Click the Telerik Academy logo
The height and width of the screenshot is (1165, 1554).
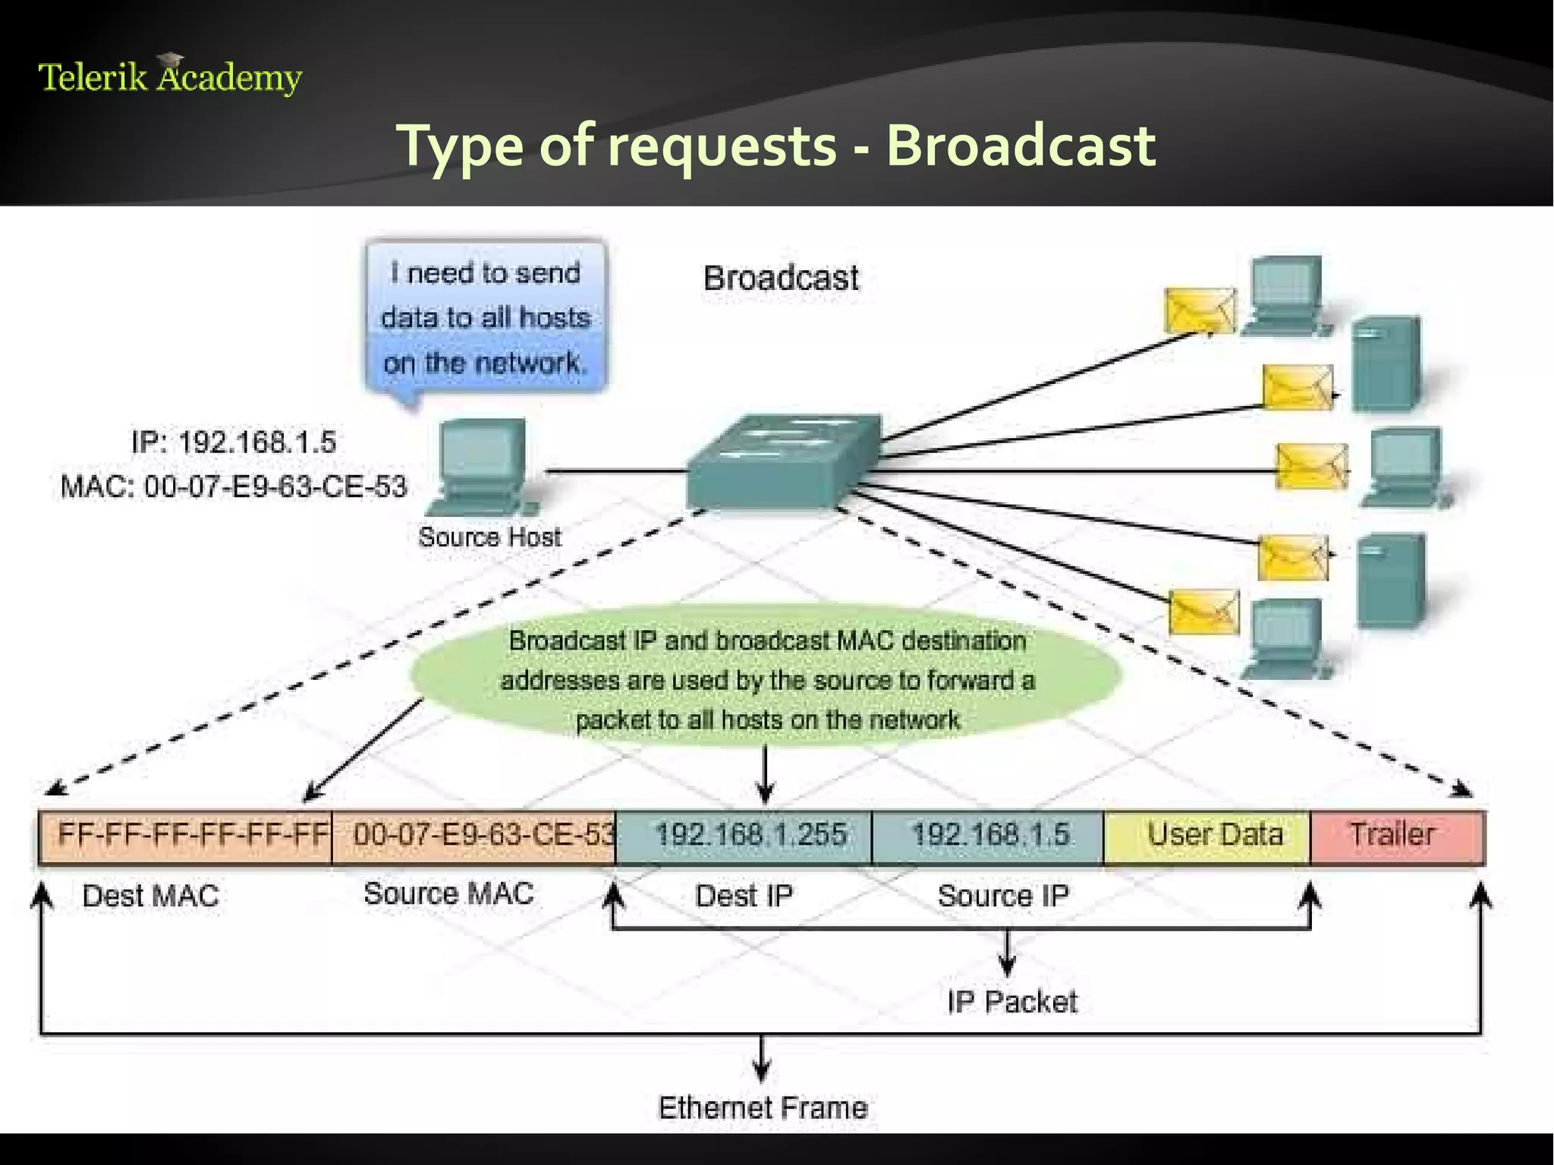click(x=170, y=77)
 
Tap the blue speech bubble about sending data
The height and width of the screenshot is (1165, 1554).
click(x=486, y=317)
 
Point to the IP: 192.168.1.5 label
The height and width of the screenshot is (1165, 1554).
click(x=234, y=442)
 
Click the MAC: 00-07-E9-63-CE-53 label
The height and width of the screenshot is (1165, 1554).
click(x=234, y=486)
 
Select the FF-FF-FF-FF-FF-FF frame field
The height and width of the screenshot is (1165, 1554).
click(x=186, y=836)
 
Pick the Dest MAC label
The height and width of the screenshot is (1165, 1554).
click(x=150, y=896)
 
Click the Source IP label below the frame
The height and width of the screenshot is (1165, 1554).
click(x=1003, y=896)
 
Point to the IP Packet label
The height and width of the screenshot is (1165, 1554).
click(x=1012, y=1003)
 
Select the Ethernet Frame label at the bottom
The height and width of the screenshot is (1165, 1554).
click(x=763, y=1108)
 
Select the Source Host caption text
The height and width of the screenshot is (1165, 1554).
click(x=490, y=537)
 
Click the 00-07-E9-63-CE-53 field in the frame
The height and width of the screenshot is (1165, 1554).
click(x=474, y=836)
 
